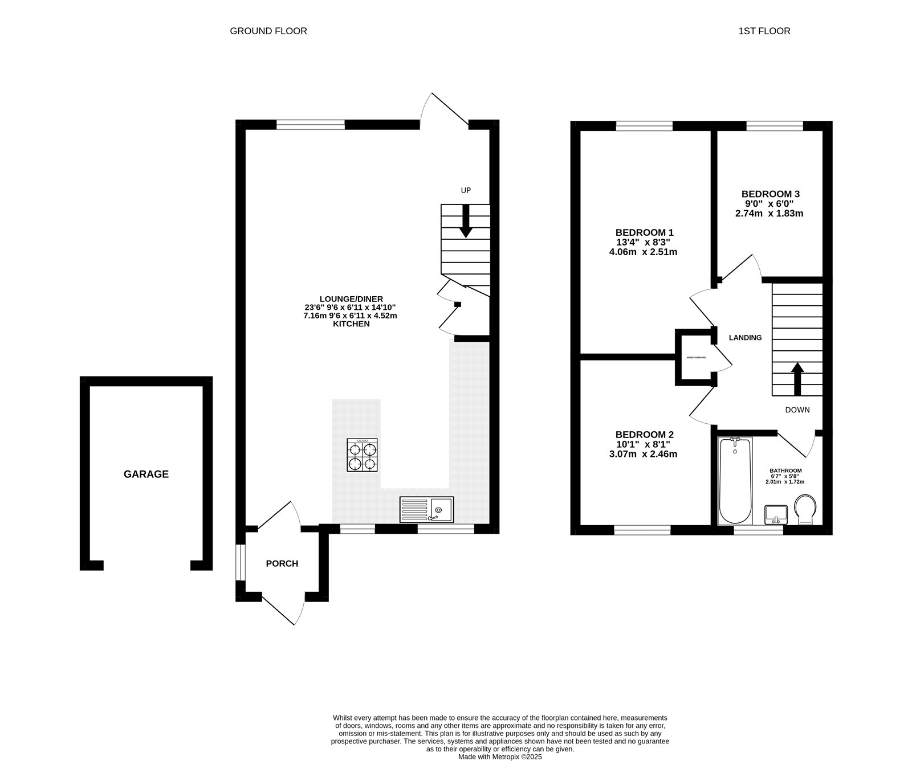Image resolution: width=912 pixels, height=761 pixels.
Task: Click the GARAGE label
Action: point(146,474)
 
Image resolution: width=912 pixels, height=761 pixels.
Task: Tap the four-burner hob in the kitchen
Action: point(362,455)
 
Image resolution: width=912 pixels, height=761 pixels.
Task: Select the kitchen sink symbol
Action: point(427,509)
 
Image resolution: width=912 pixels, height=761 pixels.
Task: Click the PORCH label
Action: point(282,563)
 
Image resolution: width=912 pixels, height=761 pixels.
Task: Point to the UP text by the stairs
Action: point(466,190)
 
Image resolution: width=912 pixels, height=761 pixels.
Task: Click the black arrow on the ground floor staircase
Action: point(466,220)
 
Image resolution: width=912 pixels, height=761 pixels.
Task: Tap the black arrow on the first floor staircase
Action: point(797,379)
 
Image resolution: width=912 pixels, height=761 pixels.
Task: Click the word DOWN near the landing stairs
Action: point(797,410)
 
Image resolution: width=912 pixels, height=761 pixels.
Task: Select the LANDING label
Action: point(745,337)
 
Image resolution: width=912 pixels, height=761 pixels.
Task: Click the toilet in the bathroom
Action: point(805,509)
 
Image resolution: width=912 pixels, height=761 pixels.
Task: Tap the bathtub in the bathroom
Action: point(735,481)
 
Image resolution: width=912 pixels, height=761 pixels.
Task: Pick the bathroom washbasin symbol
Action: point(776,515)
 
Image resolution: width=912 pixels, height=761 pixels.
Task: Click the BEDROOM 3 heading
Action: point(769,194)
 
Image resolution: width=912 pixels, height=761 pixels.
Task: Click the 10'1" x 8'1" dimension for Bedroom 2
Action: point(644,444)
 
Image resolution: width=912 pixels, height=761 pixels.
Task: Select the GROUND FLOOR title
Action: point(268,31)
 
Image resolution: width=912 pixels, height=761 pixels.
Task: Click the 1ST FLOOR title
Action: point(764,31)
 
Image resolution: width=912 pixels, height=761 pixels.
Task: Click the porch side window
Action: point(241,563)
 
